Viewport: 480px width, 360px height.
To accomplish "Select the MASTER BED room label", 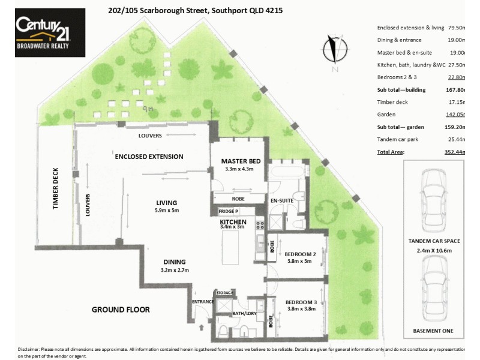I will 241,161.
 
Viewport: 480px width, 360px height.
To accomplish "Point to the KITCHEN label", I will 233,222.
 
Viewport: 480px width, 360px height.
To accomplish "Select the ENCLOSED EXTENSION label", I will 149,157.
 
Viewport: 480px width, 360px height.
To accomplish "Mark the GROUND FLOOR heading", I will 120,310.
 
